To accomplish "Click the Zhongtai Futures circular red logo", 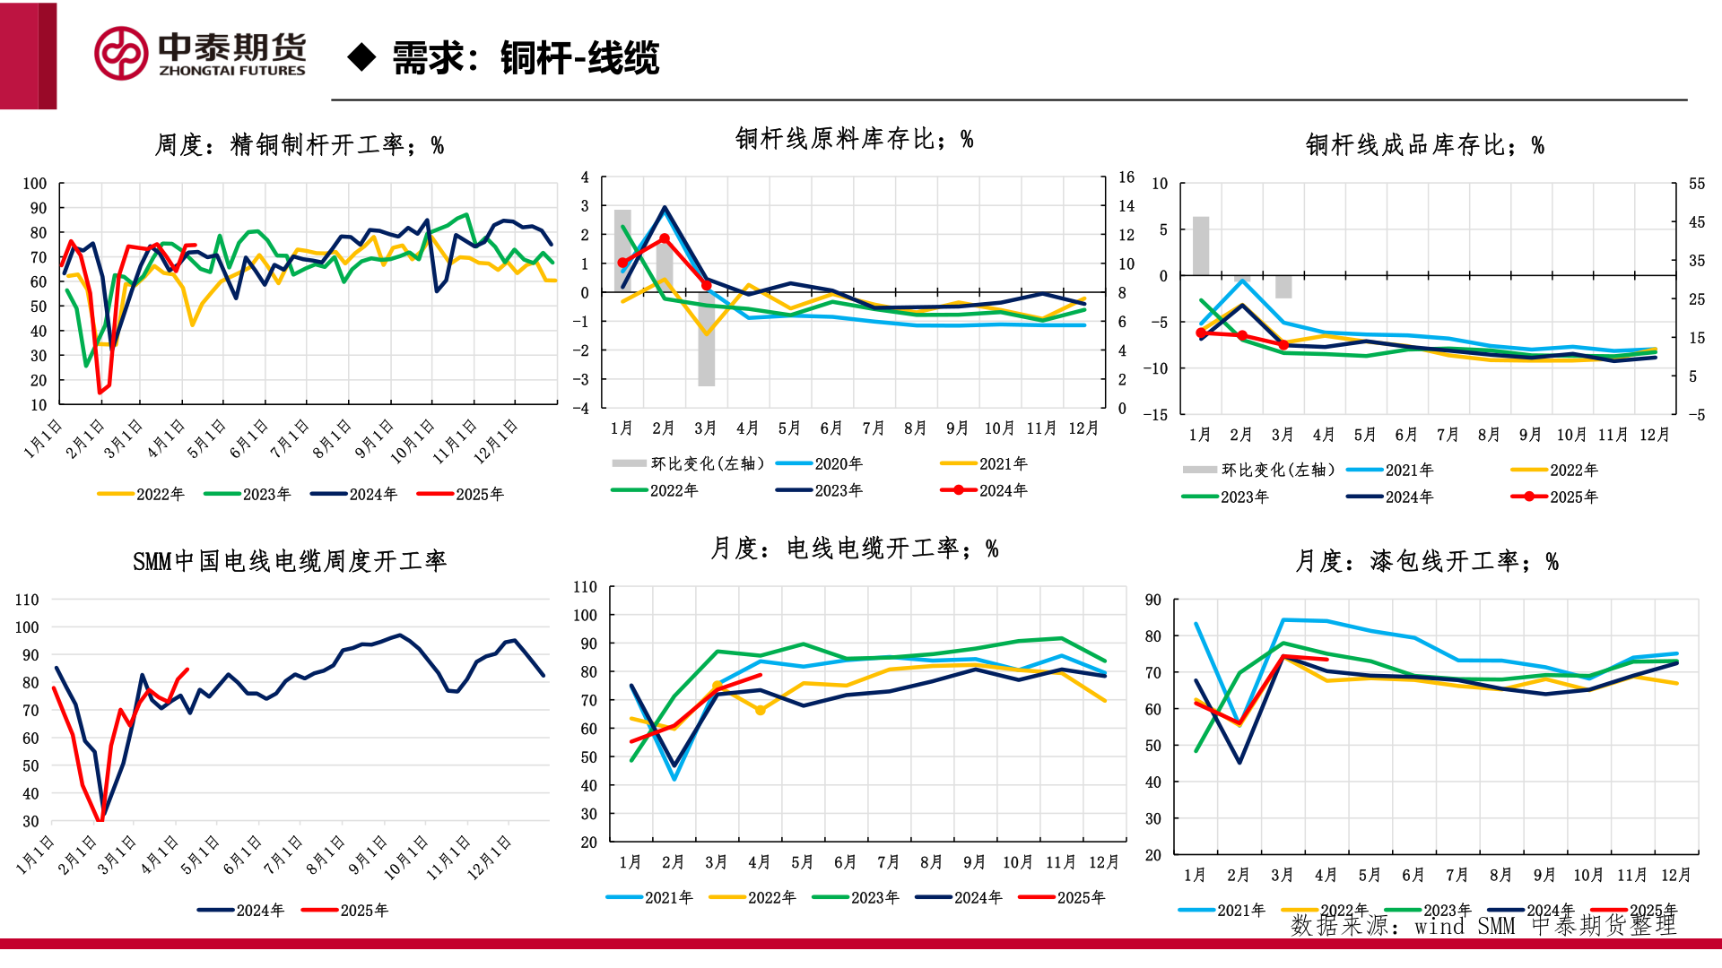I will (121, 53).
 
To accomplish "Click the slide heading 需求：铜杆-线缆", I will (526, 58).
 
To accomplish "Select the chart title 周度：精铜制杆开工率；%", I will (300, 145).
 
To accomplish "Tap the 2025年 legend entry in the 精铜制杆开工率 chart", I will (462, 494).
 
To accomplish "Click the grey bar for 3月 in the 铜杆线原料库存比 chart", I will (707, 339).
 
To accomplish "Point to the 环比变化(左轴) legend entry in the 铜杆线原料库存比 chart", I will (689, 463).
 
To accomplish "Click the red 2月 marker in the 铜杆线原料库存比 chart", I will (665, 239).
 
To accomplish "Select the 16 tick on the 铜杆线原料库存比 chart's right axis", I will (1126, 177).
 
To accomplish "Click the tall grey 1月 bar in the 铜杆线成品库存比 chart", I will (1200, 246).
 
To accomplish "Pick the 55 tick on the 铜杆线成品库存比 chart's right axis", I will (1696, 184).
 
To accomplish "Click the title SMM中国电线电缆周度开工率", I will (289, 562).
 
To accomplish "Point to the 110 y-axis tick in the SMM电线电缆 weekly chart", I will (27, 600).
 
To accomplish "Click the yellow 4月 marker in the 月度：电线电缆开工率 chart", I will (761, 710).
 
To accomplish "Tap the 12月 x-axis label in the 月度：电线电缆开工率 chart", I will (1103, 862).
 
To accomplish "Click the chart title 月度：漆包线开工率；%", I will (1426, 562).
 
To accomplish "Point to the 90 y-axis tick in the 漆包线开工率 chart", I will (1152, 600).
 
